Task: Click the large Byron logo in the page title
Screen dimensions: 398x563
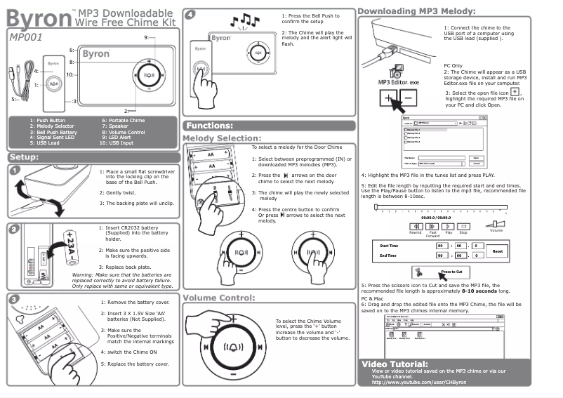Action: pos(37,15)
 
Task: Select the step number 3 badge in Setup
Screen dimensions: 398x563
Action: pos(15,299)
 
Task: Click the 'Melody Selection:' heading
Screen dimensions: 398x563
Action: pos(222,138)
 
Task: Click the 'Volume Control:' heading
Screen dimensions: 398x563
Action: pos(218,298)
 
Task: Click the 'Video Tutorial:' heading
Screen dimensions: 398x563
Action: pos(394,364)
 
